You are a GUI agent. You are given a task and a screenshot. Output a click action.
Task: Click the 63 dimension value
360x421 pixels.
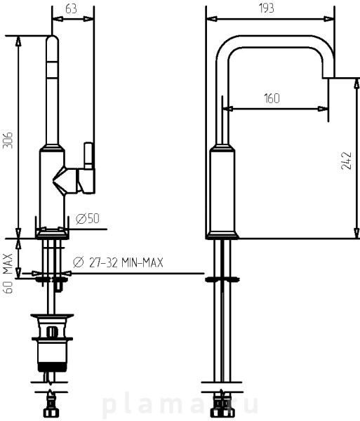coord(71,9)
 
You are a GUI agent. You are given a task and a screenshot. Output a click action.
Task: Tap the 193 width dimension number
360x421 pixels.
coord(266,8)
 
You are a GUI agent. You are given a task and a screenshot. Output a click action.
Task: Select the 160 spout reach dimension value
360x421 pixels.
coord(272,98)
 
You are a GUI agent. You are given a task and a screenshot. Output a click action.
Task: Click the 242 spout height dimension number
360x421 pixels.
coord(346,161)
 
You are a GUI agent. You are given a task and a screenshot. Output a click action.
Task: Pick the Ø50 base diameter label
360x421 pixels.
coord(88,218)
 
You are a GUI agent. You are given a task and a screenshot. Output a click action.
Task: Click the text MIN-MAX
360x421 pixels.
coord(142,262)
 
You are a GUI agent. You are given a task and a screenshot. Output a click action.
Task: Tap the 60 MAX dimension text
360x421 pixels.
coord(8,274)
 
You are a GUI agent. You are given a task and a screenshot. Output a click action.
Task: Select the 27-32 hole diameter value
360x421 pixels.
coord(104,262)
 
